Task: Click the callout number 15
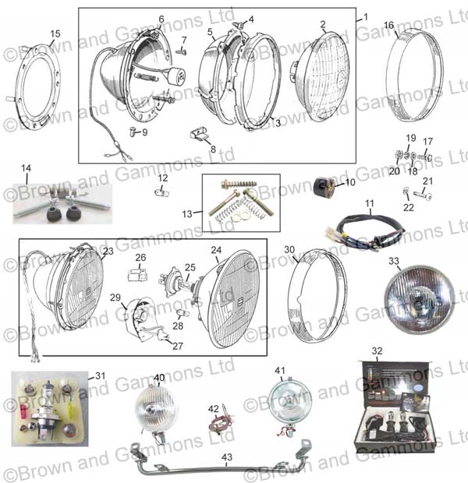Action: [x=55, y=33]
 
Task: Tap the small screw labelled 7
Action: [x=181, y=51]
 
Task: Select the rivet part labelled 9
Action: [x=133, y=132]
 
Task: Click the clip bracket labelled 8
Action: [x=200, y=134]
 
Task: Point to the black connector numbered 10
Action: [x=324, y=186]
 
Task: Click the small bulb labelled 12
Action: [x=162, y=192]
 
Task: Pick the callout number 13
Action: [x=187, y=213]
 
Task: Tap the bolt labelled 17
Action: [x=426, y=157]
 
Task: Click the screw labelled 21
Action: [x=422, y=195]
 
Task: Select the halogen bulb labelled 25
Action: [x=176, y=282]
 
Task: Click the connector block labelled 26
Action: [x=137, y=274]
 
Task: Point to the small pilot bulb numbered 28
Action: [x=183, y=313]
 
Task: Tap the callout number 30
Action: [x=289, y=249]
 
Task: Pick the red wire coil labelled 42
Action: [x=220, y=421]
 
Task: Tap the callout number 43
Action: [x=227, y=457]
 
